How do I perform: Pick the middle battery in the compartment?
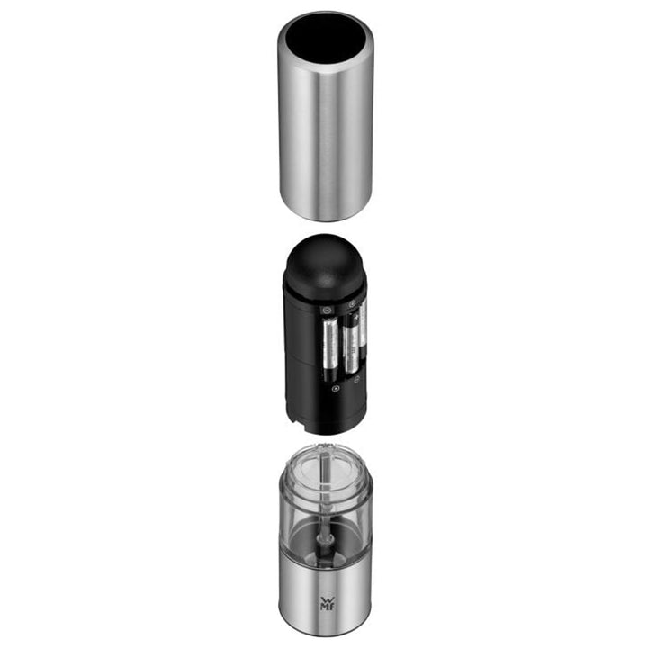click(x=350, y=346)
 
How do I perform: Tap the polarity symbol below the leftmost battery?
click(x=336, y=389)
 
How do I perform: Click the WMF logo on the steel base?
click(x=324, y=601)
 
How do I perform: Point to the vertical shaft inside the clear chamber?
click(x=326, y=504)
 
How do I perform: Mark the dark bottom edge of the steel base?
click(x=324, y=626)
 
